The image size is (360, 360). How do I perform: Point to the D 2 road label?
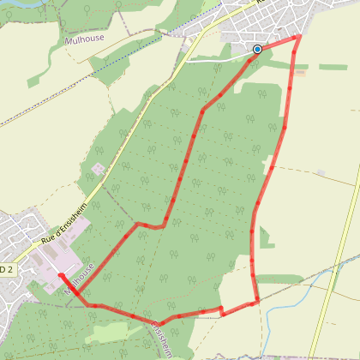[x=7, y=269]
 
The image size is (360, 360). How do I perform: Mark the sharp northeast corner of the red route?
[x=298, y=37]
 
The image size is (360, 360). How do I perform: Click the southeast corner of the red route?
[x=258, y=301]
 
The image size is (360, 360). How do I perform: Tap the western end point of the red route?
[x=60, y=274]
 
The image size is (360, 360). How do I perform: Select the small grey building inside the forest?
[x=99, y=169]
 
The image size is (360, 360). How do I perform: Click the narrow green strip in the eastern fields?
[x=334, y=67]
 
